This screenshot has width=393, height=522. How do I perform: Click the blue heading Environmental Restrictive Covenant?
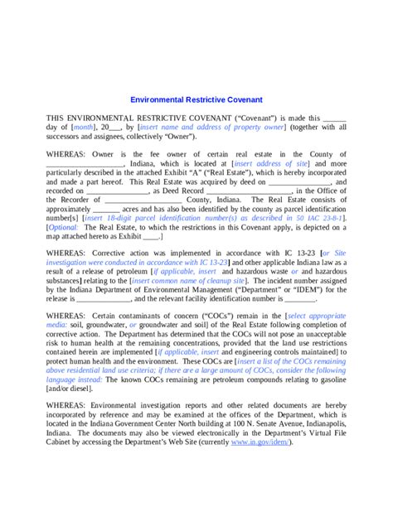tap(196, 98)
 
